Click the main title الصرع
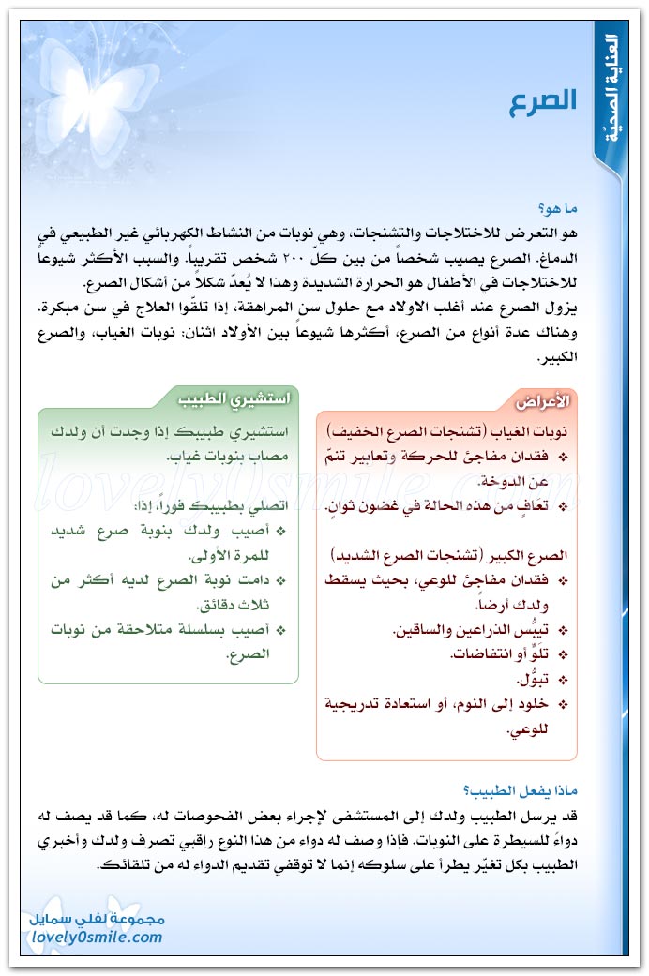pyautogui.click(x=543, y=102)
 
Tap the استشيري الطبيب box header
pyautogui.click(x=234, y=397)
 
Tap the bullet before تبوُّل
pyautogui.click(x=563, y=679)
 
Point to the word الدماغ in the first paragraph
pyautogui.click(x=553, y=255)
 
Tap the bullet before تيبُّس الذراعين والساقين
pyautogui.click(x=563, y=628)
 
